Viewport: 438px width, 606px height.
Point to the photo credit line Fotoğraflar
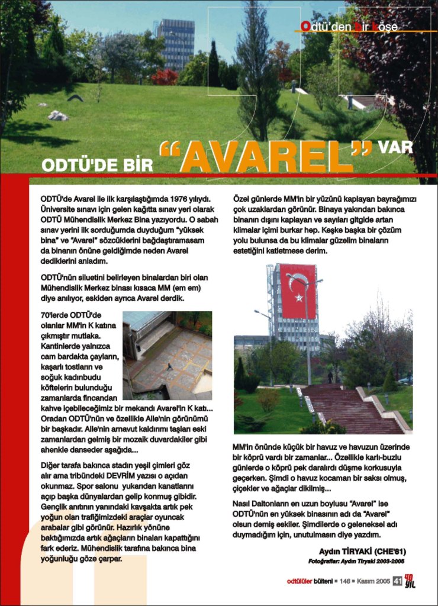coord(356,561)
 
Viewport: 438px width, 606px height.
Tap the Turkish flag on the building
coord(298,291)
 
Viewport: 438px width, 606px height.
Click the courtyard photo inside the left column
coord(167,355)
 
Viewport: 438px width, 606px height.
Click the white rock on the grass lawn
coord(58,115)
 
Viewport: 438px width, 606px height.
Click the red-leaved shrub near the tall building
coord(165,77)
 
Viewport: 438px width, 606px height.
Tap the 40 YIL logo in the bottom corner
coord(410,582)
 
